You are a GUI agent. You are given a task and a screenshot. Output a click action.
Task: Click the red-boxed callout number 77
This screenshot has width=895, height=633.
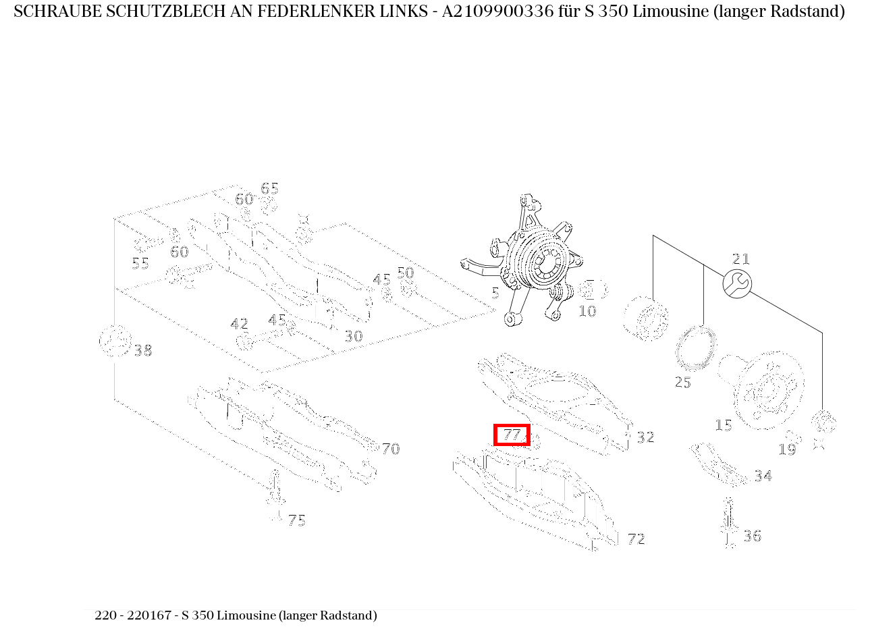pyautogui.click(x=512, y=435)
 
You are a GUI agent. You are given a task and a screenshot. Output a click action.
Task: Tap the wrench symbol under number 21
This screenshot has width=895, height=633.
pyautogui.click(x=737, y=283)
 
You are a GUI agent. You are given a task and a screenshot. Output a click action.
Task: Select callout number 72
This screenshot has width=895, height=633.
pyautogui.click(x=636, y=539)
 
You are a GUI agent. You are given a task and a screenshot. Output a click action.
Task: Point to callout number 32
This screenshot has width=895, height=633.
pyautogui.click(x=645, y=437)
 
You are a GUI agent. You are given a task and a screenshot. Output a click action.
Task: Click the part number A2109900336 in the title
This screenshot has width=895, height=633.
pyautogui.click(x=491, y=11)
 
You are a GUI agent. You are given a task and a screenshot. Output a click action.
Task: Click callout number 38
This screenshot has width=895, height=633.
pyautogui.click(x=142, y=351)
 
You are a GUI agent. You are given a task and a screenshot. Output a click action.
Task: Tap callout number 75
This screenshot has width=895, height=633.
pyautogui.click(x=296, y=520)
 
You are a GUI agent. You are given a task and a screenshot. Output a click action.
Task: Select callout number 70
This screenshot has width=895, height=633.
pyautogui.click(x=390, y=449)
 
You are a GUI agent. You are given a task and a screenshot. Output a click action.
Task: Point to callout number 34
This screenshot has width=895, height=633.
pyautogui.click(x=763, y=476)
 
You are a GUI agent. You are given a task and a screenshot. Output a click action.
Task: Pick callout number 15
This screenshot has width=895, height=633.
pyautogui.click(x=724, y=426)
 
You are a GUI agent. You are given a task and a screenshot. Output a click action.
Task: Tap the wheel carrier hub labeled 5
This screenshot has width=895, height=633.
pyautogui.click(x=537, y=263)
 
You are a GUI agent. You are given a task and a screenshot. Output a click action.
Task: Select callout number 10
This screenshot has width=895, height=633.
pyautogui.click(x=587, y=312)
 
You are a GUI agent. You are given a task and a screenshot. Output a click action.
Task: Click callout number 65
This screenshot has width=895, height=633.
pyautogui.click(x=269, y=189)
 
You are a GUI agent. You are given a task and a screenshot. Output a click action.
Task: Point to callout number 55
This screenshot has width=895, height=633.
pyautogui.click(x=140, y=263)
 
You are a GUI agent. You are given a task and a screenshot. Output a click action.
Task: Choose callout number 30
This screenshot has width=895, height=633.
pyautogui.click(x=354, y=336)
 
